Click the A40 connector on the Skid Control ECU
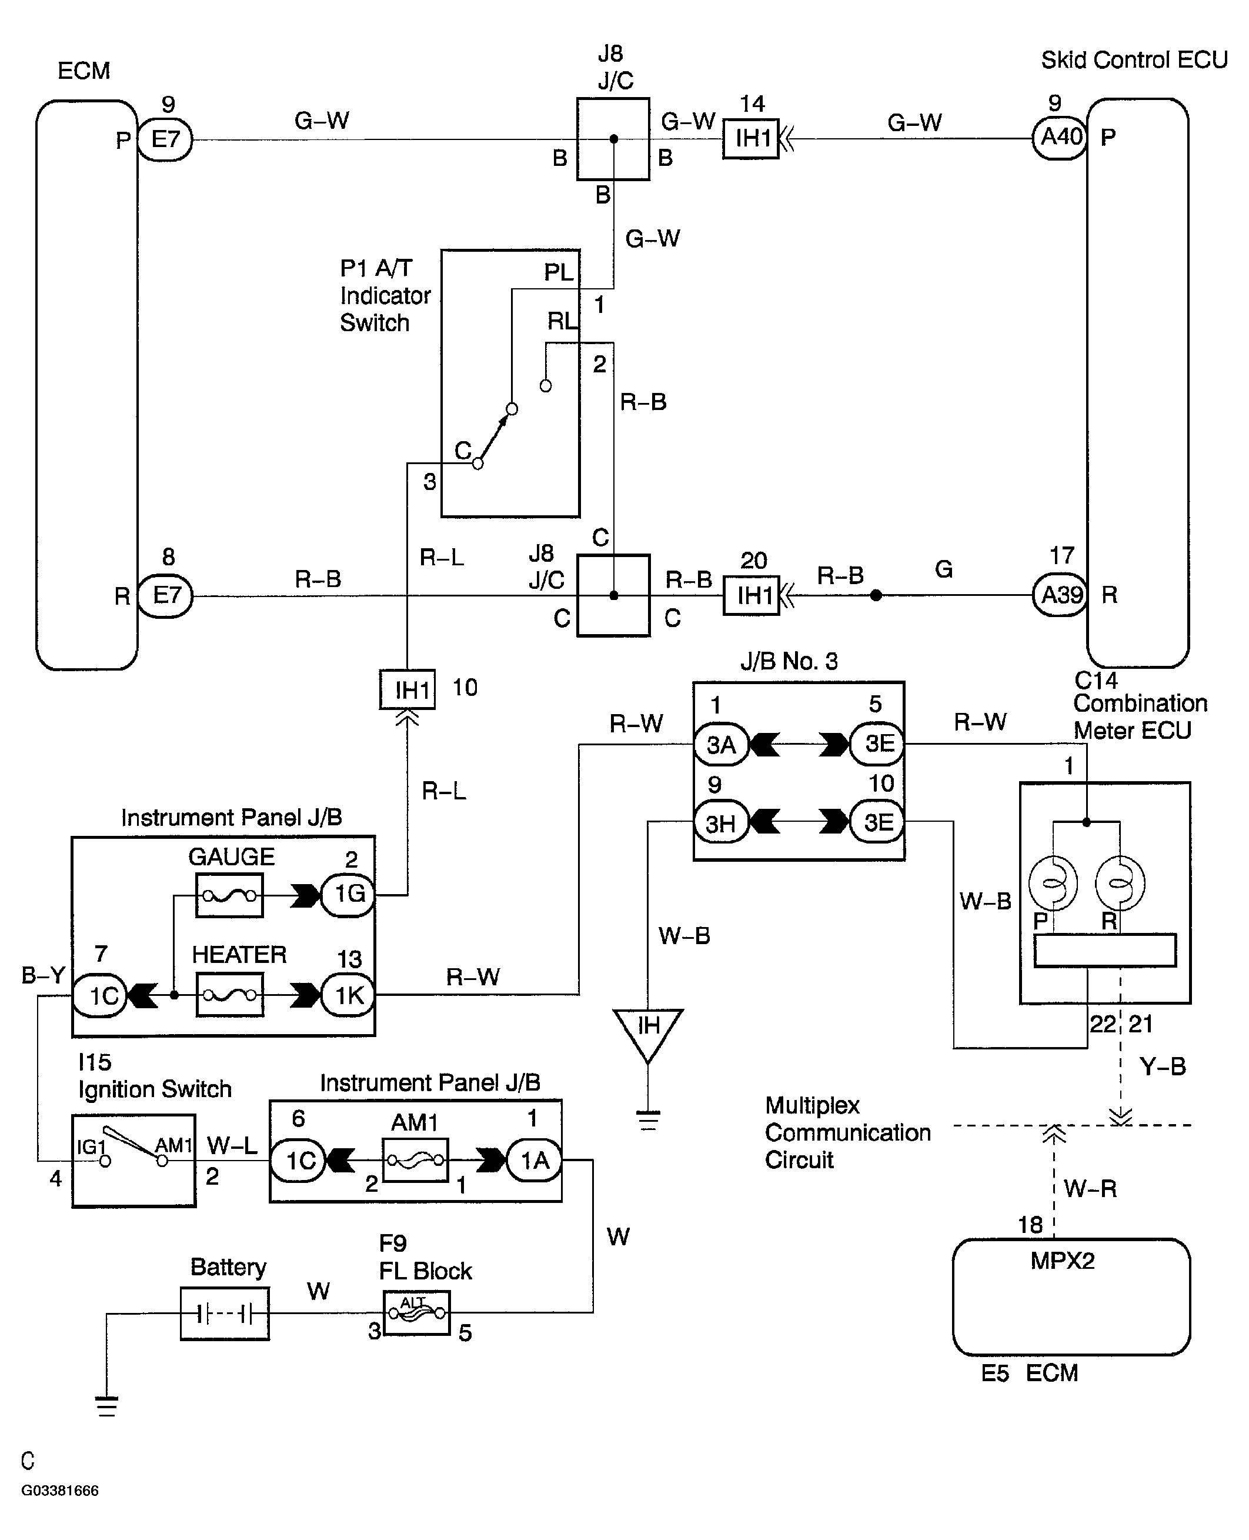pyautogui.click(x=1060, y=136)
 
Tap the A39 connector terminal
pyautogui.click(x=1060, y=595)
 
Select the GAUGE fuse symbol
pyautogui.click(x=229, y=895)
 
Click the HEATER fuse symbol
pyautogui.click(x=229, y=995)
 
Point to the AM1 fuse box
pyautogui.click(x=415, y=1159)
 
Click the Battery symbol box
pyautogui.click(x=225, y=1314)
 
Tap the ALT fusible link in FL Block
pyautogui.click(x=416, y=1312)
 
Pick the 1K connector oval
pyautogui.click(x=348, y=995)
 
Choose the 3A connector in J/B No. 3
pyautogui.click(x=722, y=744)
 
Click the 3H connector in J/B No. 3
pyautogui.click(x=722, y=822)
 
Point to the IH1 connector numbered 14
pyautogui.click(x=751, y=138)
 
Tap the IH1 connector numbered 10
pyautogui.click(x=408, y=689)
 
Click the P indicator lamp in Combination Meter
pyautogui.click(x=1053, y=883)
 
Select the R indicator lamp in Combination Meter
pyautogui.click(x=1120, y=883)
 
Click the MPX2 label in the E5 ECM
pyautogui.click(x=1062, y=1261)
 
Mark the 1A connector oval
pyautogui.click(x=534, y=1160)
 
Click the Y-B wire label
pyautogui.click(x=1163, y=1066)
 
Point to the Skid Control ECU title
pyautogui.click(x=1134, y=60)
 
